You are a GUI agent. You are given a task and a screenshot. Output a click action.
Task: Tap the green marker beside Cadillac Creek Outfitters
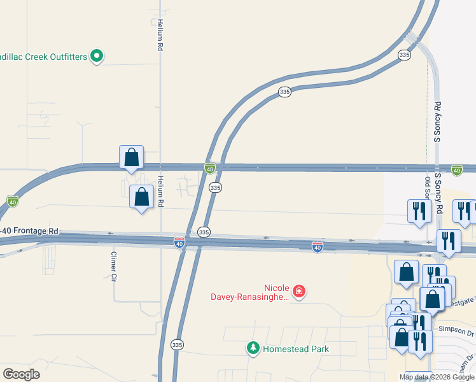tap(97, 57)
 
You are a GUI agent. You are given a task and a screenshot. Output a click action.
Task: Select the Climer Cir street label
tap(115, 266)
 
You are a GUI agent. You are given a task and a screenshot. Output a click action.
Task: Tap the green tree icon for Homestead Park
tap(253, 348)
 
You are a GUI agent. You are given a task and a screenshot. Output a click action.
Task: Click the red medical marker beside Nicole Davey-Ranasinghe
tap(298, 292)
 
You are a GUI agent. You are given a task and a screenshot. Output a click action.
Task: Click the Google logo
tap(21, 374)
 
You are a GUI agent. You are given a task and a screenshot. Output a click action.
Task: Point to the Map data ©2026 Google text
tap(437, 377)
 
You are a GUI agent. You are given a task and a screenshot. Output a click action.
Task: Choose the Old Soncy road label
tap(428, 190)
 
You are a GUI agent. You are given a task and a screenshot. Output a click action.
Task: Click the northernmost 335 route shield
tap(404, 55)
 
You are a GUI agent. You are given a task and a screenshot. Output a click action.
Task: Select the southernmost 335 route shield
tap(178, 344)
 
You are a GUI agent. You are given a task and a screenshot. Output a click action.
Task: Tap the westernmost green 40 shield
tap(12, 201)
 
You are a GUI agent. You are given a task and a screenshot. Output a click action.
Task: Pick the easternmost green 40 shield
tap(456, 169)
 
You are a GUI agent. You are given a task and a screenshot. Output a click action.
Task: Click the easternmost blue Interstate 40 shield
tap(317, 246)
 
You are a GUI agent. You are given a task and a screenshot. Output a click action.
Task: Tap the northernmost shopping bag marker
tap(131, 157)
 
